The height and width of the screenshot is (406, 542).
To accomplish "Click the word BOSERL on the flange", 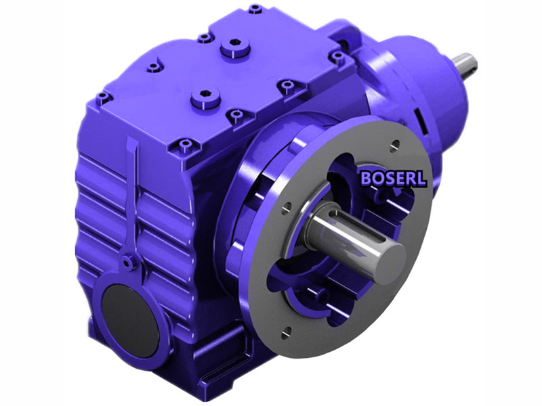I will point(393,179).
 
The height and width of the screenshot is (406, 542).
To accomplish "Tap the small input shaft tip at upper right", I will point(467,64).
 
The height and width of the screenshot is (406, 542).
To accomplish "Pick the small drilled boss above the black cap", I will point(127,261).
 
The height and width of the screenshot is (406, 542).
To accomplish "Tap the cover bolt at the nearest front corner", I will point(184,145).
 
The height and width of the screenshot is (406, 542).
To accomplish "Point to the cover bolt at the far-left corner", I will point(102,97).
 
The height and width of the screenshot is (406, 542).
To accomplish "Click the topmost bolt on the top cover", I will point(255,9).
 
